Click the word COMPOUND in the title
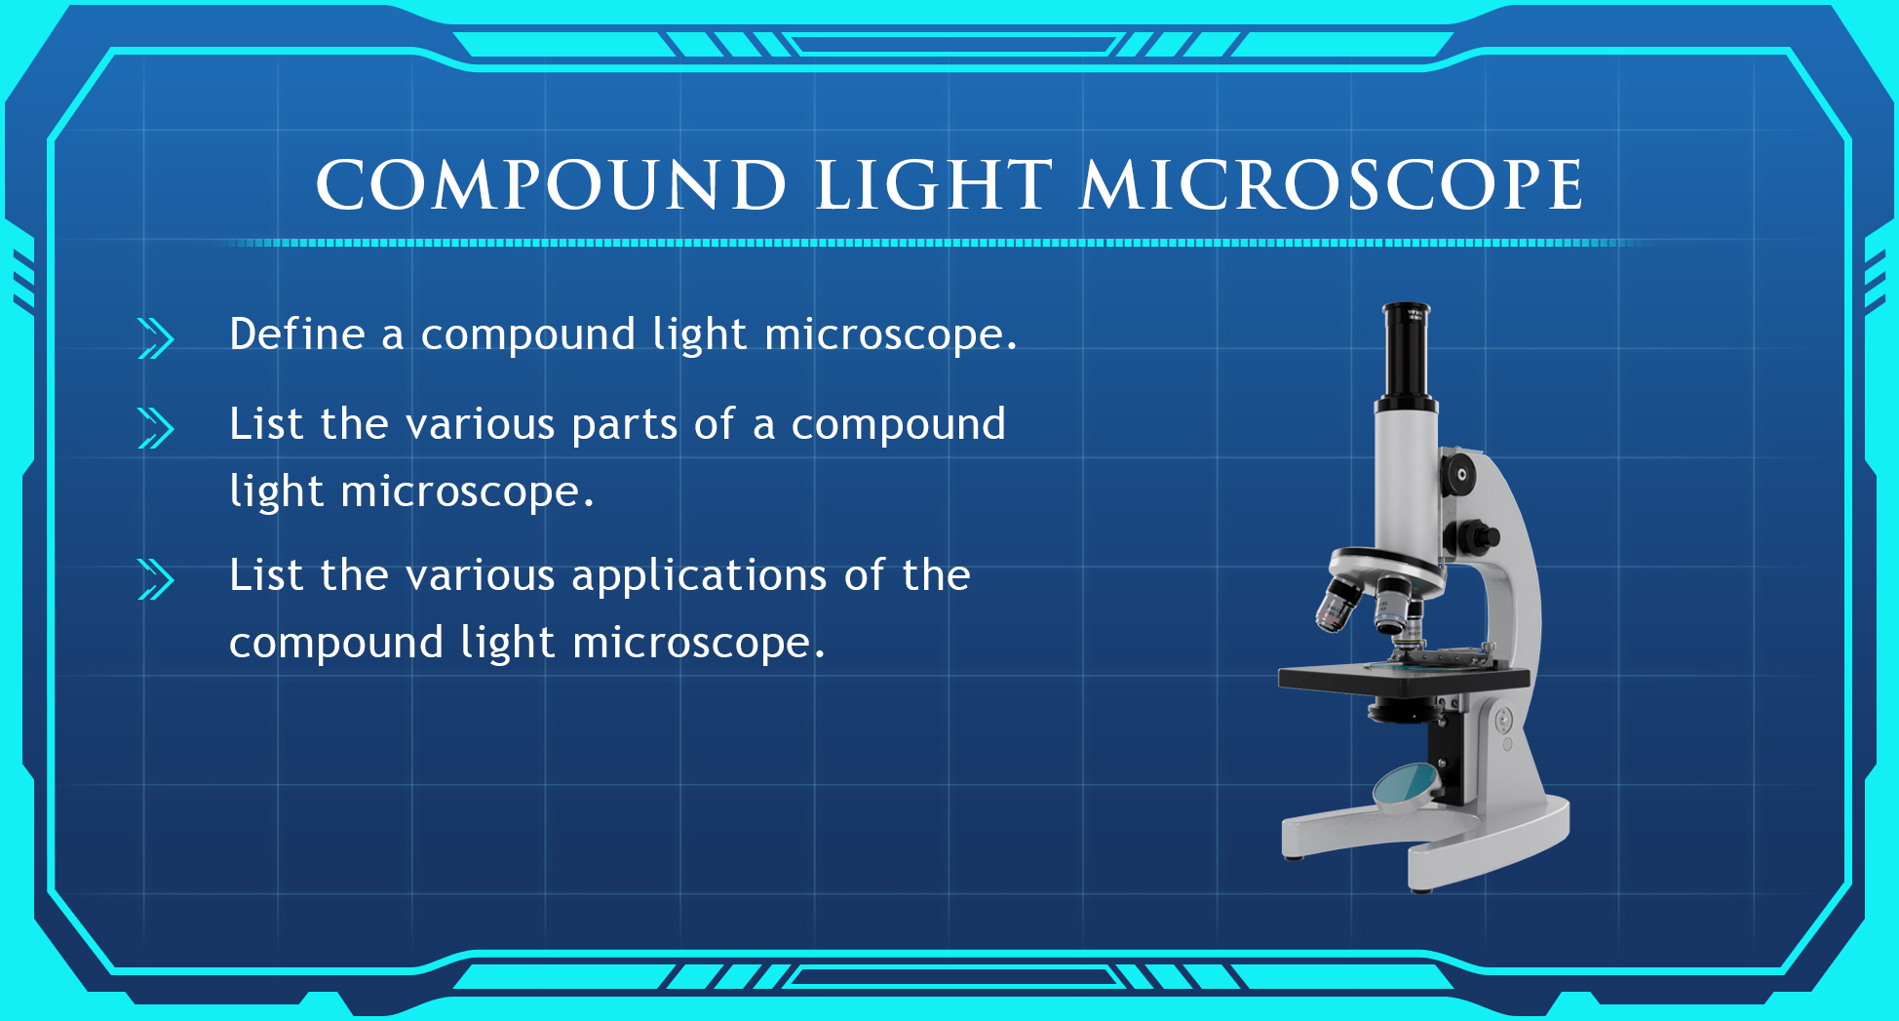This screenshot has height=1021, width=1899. coord(552,184)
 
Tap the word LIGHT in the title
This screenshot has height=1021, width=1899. coord(934,184)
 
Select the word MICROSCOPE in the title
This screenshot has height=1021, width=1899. coord(1332,184)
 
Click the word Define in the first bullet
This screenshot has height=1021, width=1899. coord(297,334)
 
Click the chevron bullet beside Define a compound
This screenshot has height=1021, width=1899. coord(156,338)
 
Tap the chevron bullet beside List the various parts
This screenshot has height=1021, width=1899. coord(156,428)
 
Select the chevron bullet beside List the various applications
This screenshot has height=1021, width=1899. coord(156,579)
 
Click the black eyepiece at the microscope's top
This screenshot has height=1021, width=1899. coord(1407,354)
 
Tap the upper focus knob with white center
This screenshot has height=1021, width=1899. coord(1459,475)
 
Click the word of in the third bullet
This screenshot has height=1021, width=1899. coord(864,574)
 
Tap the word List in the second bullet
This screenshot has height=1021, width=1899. coord(266,424)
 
